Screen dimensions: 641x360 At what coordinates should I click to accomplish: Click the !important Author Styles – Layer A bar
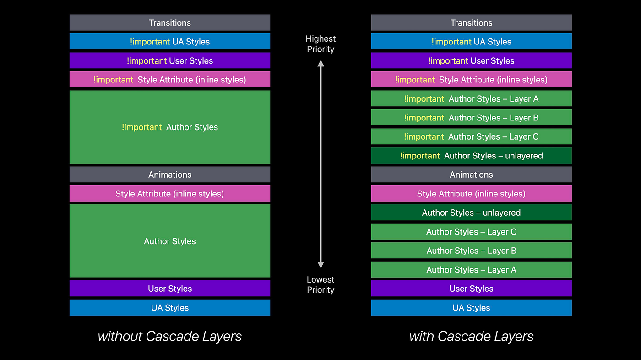471,98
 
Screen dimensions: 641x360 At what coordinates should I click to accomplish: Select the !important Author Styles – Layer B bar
471,117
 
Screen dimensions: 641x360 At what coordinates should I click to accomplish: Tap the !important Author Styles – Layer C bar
471,136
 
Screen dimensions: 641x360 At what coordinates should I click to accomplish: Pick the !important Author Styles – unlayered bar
471,155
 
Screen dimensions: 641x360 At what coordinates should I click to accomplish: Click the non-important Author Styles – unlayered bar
471,213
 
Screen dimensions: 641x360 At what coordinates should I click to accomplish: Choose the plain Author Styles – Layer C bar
471,231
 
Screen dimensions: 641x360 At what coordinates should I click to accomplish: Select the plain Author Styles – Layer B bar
471,251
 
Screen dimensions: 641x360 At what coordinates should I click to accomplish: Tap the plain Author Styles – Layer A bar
471,269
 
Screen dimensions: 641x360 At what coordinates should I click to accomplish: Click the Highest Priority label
320,44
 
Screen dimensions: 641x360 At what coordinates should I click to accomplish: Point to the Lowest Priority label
320,284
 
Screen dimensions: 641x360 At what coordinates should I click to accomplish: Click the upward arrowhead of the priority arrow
320,63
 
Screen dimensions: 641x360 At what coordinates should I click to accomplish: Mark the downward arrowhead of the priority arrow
320,265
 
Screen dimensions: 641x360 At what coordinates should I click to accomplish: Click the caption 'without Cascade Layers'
170,336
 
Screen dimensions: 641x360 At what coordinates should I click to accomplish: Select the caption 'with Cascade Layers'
471,336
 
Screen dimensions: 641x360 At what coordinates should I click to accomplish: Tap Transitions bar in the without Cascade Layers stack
170,22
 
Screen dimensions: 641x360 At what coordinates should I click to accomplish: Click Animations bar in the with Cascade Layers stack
471,175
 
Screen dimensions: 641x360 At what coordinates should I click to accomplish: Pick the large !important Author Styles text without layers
170,127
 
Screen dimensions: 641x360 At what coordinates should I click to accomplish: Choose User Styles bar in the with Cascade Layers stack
471,289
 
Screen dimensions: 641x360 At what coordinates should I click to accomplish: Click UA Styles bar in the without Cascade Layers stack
170,308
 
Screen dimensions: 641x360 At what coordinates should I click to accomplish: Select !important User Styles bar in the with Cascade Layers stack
471,60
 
